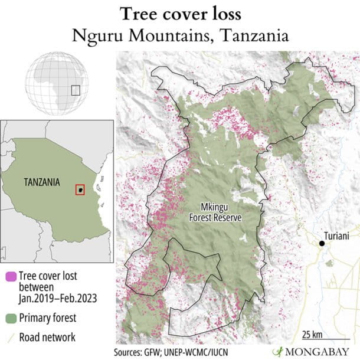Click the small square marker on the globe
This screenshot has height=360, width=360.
click(x=75, y=90)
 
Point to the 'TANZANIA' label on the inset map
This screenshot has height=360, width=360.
click(x=42, y=182)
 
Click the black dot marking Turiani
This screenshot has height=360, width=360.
click(x=322, y=243)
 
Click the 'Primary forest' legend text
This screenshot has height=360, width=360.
click(x=47, y=318)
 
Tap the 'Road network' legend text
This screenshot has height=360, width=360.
click(x=47, y=338)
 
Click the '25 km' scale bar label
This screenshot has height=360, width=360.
click(x=313, y=335)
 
